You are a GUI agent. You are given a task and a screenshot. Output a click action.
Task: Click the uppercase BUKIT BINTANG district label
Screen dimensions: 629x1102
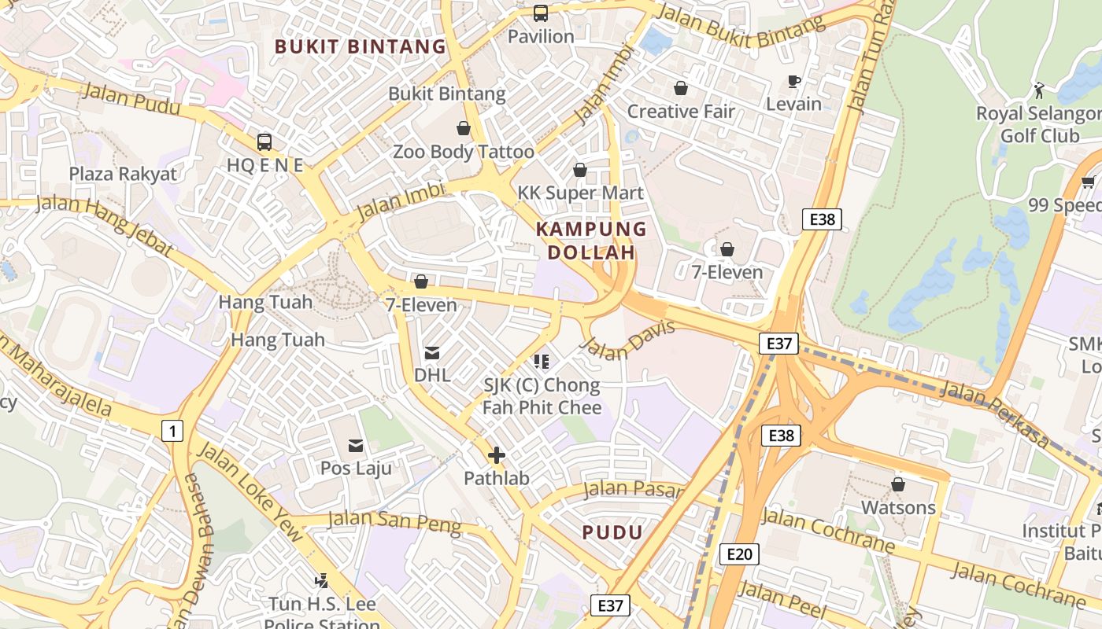point(361,46)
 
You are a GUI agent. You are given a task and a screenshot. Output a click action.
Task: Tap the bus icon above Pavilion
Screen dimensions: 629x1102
point(541,13)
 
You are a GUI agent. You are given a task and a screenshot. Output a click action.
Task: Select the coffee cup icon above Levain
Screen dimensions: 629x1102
point(794,81)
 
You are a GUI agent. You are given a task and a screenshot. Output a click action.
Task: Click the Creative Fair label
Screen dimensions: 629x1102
point(681,112)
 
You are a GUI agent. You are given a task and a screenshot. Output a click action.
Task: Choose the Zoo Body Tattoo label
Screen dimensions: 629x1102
point(464,152)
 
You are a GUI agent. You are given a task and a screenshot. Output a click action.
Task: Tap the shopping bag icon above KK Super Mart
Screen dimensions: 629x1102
point(580,170)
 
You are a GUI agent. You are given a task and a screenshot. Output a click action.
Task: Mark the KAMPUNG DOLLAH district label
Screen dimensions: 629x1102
point(591,241)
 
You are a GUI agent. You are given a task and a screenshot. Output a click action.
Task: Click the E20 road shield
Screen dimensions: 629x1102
point(739,554)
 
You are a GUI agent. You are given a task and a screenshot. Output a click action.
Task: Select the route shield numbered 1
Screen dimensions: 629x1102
point(172,430)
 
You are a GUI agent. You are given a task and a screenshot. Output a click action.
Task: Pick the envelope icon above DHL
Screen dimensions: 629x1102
point(432,352)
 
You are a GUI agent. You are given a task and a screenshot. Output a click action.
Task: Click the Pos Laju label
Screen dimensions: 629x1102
point(355,468)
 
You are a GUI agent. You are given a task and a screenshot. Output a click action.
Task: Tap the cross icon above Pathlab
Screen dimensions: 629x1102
point(497,455)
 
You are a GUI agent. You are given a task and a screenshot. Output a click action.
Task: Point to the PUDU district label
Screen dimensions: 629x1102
point(612,532)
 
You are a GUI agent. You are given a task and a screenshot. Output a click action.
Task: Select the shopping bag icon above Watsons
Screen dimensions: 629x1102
point(898,484)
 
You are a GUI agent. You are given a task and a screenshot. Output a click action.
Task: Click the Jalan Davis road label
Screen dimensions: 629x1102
point(627,340)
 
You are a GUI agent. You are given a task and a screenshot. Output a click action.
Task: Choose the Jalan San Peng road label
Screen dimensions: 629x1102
point(394,521)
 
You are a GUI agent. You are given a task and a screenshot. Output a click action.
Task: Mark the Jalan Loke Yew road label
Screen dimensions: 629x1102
point(249,491)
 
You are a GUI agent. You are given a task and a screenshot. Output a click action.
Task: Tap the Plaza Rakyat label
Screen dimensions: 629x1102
point(123,174)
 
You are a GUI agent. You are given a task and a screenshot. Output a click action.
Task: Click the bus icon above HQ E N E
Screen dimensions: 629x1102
point(264,142)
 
